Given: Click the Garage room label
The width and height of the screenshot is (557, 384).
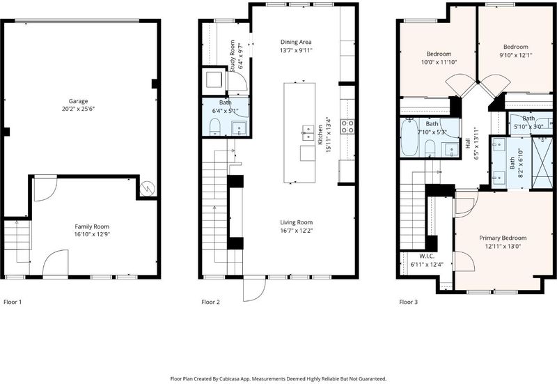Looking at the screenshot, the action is coord(78,101).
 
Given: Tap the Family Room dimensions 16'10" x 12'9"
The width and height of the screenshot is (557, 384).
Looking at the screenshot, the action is coord(92,234).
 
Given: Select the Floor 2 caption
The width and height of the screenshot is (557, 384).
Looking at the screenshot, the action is coord(211,302).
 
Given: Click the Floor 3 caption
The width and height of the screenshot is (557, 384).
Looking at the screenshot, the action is coord(409,302).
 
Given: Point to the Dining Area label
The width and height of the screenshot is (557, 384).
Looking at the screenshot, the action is coord(296,42).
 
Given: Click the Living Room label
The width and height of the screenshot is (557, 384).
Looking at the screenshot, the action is coord(297,222).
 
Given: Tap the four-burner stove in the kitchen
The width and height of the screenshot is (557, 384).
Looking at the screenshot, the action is coord(347,126).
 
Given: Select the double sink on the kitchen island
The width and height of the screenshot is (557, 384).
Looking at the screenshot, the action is coord(308,132).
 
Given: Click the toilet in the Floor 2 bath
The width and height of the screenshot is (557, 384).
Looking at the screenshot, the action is coord(215,128).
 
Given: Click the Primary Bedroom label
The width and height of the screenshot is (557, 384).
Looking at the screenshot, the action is coord(503,238).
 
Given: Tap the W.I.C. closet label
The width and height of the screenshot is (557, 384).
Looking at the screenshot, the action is coord(427,256).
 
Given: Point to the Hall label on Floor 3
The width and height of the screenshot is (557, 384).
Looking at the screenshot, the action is coord(467,144).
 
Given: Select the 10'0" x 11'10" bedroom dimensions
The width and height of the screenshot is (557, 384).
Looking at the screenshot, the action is coord(439,62).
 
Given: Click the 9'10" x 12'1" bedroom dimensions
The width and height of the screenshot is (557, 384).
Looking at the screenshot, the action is coord(515,55).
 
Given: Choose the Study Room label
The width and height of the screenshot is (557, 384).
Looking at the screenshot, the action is coord(233,56).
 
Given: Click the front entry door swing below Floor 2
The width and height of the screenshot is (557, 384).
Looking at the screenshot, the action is coord(255,289).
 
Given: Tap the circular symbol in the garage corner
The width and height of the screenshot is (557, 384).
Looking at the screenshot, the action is coord(147,188).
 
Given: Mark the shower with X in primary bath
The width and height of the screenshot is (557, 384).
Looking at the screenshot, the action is coord(542,162).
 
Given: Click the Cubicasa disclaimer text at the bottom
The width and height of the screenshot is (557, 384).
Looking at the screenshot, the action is coord(278,379).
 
